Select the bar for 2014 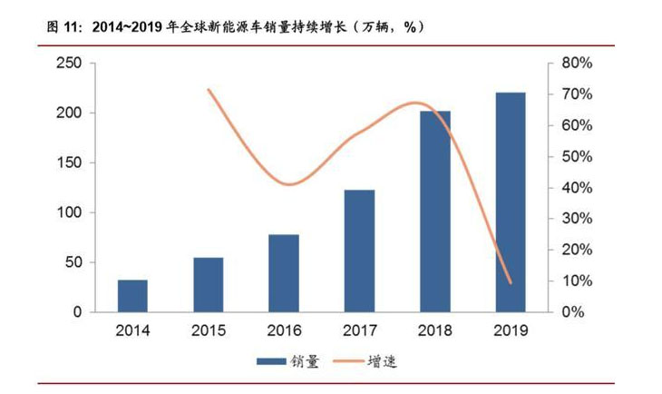132,296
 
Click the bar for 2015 208,285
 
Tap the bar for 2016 284,273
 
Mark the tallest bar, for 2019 511,202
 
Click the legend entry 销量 287,361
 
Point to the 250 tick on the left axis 70,64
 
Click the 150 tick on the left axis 70,163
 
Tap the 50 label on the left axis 73,263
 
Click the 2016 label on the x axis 284,330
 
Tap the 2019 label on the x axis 511,330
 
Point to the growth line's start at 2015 209,90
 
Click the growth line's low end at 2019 511,282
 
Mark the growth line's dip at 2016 288,185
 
